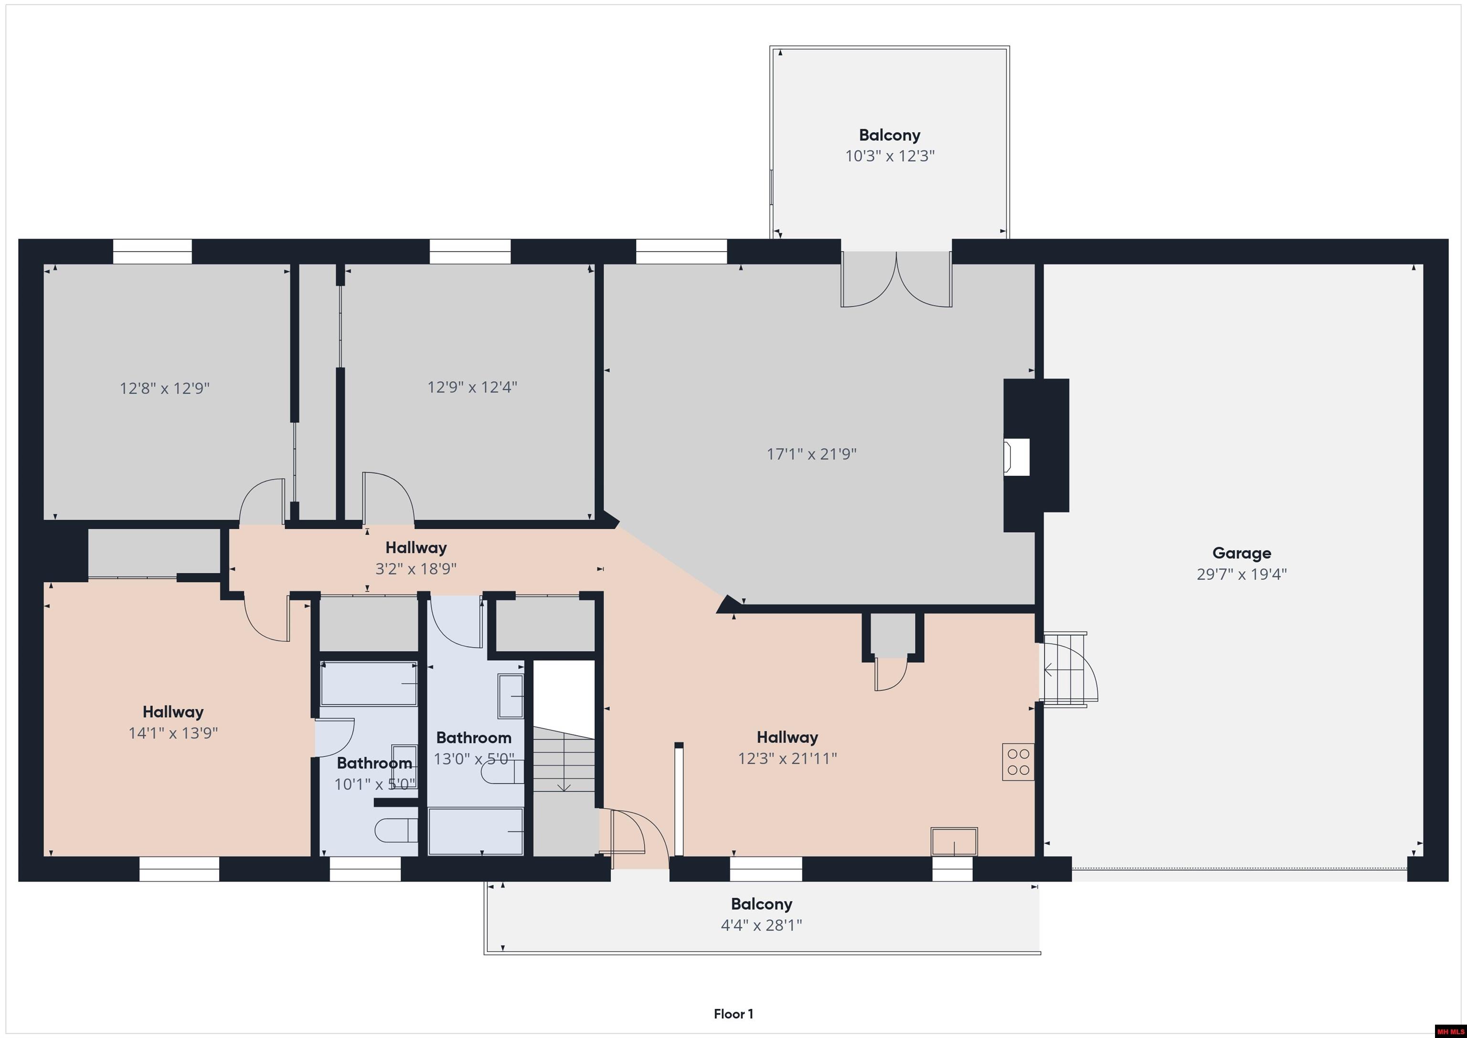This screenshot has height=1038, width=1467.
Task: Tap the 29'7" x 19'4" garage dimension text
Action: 1242,574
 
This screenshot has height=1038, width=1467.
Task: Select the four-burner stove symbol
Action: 1018,761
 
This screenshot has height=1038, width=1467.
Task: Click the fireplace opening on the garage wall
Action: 1017,456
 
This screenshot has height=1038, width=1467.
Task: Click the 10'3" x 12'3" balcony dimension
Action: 890,156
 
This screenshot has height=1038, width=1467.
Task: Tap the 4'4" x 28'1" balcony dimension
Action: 762,925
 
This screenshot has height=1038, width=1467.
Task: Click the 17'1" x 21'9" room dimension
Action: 811,454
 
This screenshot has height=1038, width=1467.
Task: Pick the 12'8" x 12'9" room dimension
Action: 165,388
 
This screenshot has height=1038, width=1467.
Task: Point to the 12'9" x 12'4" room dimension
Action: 472,387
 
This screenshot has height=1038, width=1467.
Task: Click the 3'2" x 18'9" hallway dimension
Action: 416,569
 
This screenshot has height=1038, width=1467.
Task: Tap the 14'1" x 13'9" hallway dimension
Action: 173,732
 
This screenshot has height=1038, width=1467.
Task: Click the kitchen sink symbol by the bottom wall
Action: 954,841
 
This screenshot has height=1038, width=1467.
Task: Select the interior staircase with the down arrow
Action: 563,760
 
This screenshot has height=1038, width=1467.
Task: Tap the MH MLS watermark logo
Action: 1450,1031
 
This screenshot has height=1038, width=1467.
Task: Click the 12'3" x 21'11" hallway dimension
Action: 787,758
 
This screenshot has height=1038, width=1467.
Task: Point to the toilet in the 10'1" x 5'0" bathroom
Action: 395,830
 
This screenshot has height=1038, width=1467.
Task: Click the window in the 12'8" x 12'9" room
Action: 152,251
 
